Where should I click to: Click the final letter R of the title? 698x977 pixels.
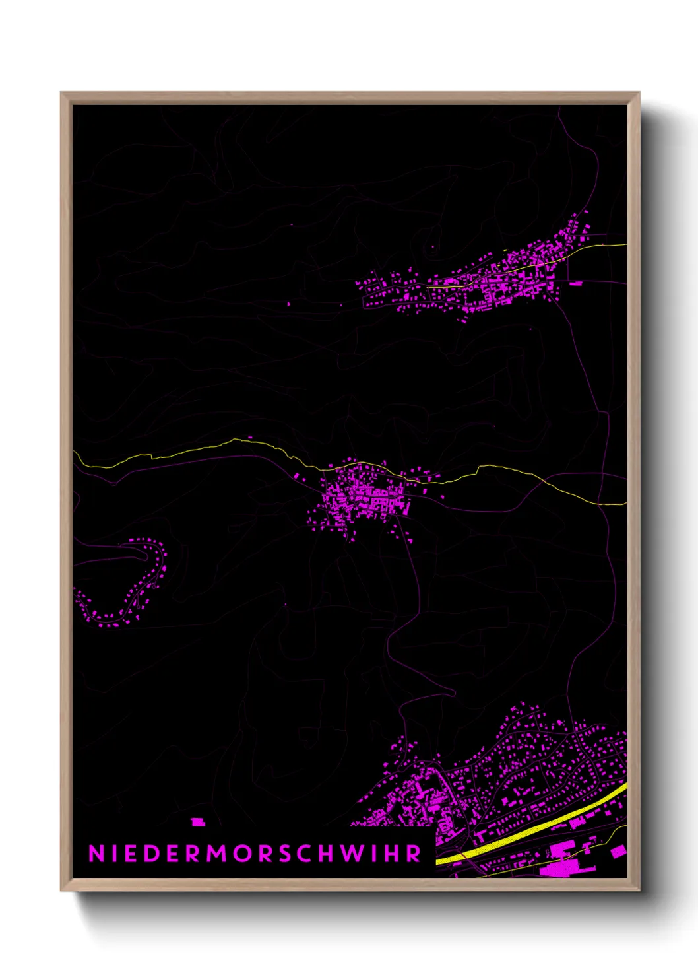[x=414, y=854]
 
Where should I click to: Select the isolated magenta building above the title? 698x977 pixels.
[x=197, y=822]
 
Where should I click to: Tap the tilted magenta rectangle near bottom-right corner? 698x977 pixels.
[x=618, y=852]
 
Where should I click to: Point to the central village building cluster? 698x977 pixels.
[x=363, y=498]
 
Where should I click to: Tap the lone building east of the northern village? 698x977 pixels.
[x=575, y=283]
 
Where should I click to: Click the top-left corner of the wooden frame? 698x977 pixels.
[x=61, y=93]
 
